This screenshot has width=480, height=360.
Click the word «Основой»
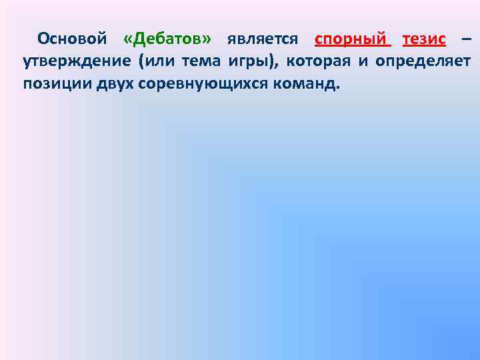[72, 39]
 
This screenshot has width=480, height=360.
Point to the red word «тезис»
[424, 39]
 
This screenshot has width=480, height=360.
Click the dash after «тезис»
[466, 39]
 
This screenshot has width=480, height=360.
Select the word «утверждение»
[75, 63]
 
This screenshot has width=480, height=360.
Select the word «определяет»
[423, 63]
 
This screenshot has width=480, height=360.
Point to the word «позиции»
[52, 85]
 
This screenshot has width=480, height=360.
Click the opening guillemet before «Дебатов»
[129, 39]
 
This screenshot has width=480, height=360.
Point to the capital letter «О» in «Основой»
[43, 39]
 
